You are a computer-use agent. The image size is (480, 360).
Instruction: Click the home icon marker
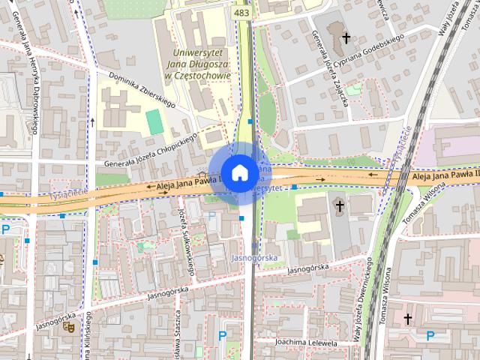[238, 172]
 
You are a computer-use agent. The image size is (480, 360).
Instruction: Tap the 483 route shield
[241, 13]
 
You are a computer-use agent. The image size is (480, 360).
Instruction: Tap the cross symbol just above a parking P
[408, 319]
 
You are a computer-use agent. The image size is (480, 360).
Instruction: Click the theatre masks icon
[67, 327]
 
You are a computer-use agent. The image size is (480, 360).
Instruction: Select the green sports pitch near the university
[154, 121]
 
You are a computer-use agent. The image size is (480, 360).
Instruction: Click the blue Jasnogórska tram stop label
[255, 258]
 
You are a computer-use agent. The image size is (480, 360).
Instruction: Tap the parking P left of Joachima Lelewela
[222, 336]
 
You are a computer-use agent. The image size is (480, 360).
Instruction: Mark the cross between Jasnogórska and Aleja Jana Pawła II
[339, 205]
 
